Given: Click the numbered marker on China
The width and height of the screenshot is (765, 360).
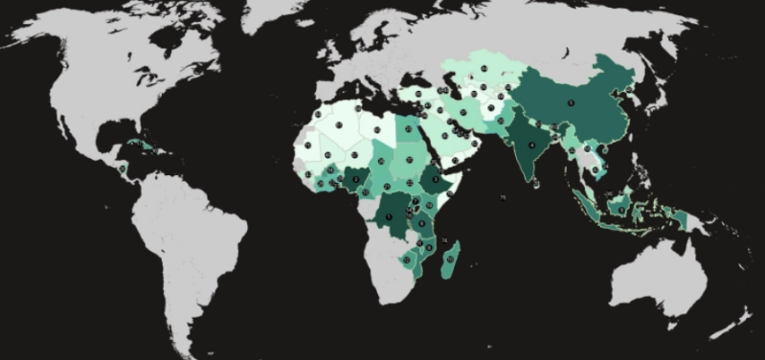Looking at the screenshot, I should pyautogui.click(x=571, y=102).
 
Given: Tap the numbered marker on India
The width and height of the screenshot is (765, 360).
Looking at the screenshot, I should pyautogui.click(x=531, y=146).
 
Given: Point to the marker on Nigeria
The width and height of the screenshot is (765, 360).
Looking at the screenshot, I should pyautogui.click(x=356, y=178).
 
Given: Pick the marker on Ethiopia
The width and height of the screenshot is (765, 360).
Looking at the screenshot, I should pyautogui.click(x=435, y=179).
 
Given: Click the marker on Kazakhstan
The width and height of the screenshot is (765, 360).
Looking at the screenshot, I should pyautogui.click(x=484, y=68).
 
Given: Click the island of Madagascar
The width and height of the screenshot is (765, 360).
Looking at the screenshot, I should pyautogui.click(x=449, y=259).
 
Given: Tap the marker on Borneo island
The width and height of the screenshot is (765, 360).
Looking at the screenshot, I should pyautogui.click(x=620, y=203).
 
